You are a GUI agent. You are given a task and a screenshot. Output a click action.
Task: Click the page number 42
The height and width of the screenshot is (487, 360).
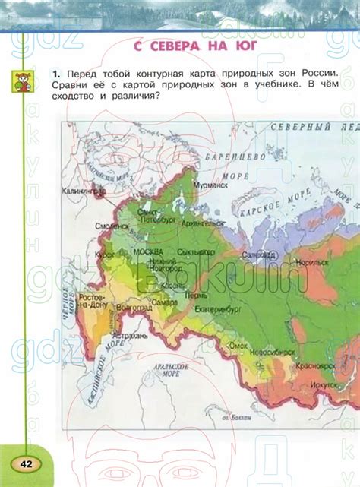click(26, 464)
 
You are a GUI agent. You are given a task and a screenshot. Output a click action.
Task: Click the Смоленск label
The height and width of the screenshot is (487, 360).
click(112, 226)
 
